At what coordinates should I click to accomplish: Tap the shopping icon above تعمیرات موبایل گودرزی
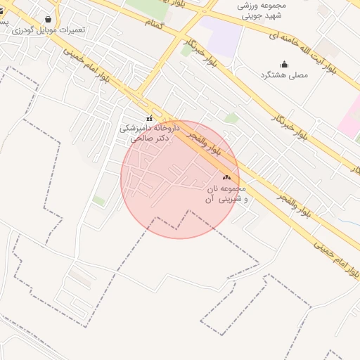(x=48, y=20)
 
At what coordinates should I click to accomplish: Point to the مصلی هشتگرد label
(x=284, y=75)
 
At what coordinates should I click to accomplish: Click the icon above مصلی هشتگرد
(x=284, y=64)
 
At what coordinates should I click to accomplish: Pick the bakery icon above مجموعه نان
(x=226, y=179)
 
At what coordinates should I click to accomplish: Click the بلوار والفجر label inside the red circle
(x=205, y=143)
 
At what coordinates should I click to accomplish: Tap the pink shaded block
(x=349, y=118)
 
